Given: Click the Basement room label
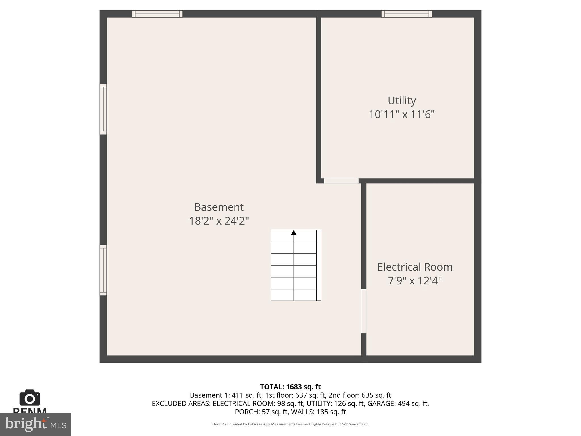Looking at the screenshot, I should pyautogui.click(x=219, y=207).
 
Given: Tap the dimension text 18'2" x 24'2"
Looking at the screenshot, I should pyautogui.click(x=219, y=221).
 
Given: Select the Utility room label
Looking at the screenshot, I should pyautogui.click(x=402, y=100).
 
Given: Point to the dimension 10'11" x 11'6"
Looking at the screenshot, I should pyautogui.click(x=402, y=114).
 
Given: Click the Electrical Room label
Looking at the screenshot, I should pyautogui.click(x=415, y=267).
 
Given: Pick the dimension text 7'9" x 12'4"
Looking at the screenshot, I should pyautogui.click(x=415, y=281).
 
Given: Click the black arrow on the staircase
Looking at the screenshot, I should pyautogui.click(x=294, y=233).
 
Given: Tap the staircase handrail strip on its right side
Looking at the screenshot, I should pyautogui.click(x=319, y=265).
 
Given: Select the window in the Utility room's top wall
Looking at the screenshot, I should pyautogui.click(x=407, y=14).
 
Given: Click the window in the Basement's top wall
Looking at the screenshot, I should pyautogui.click(x=157, y=14).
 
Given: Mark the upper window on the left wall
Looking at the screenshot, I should pyautogui.click(x=103, y=109).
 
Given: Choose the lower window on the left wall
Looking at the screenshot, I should pyautogui.click(x=103, y=270).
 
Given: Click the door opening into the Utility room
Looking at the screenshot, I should pyautogui.click(x=341, y=181).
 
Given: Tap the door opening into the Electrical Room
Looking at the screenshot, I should pyautogui.click(x=364, y=311).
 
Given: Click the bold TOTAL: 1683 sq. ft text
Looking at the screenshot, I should pyautogui.click(x=290, y=387).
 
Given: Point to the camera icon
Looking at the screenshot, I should pyautogui.click(x=30, y=398).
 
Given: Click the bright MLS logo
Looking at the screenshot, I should pyautogui.click(x=35, y=424).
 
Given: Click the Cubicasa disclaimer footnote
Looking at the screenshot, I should pyautogui.click(x=290, y=424).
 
